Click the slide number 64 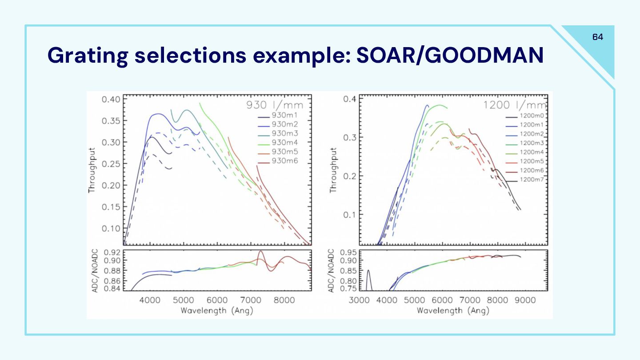(x=598, y=37)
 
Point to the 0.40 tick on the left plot (x=111, y=99)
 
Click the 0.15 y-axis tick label (x=111, y=207)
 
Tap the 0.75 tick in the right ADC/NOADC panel (x=348, y=288)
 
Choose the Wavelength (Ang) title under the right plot (x=453, y=310)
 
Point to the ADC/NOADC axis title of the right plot (x=331, y=271)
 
